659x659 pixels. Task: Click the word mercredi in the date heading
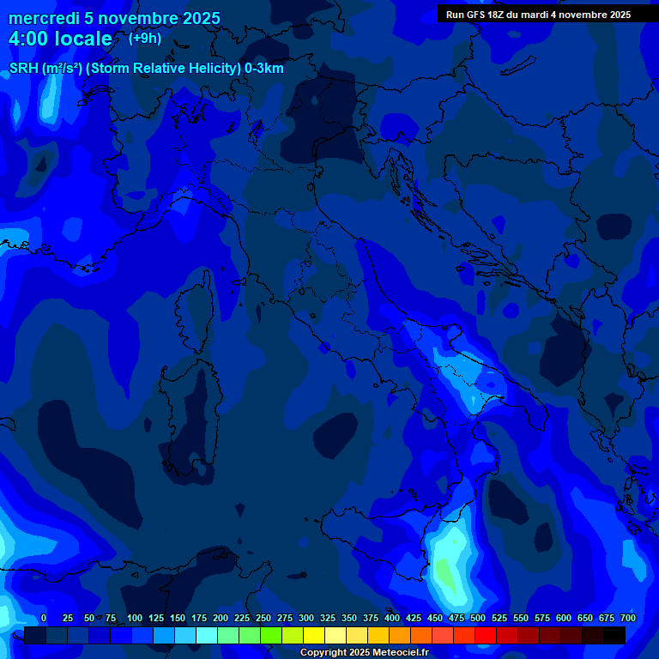[44, 18]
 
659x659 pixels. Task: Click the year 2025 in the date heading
[199, 18]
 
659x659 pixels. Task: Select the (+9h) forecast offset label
[144, 38]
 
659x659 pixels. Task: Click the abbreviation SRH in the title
[23, 69]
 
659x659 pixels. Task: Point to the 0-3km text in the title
[263, 69]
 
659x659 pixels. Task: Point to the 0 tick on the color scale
[44, 618]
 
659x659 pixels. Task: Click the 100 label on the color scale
[135, 618]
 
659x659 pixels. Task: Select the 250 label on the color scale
[263, 618]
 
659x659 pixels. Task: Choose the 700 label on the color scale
[628, 618]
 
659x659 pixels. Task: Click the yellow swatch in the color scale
[313, 635]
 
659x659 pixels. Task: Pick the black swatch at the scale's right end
[614, 635]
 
